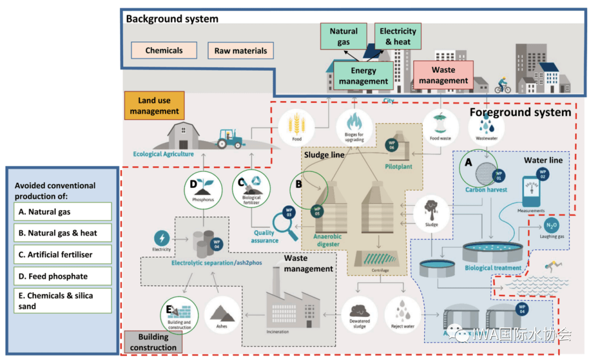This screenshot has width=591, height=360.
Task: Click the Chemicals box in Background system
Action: (x=164, y=51)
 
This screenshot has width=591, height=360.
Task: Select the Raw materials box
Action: (x=241, y=51)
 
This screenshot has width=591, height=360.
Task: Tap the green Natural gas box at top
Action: (x=343, y=37)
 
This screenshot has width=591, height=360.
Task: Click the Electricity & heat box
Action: (x=398, y=37)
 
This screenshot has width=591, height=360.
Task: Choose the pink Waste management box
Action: (x=443, y=76)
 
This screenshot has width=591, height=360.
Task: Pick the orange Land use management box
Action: (x=154, y=106)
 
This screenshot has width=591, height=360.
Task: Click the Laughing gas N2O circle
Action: (x=552, y=227)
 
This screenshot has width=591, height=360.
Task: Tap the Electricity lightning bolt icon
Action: (x=162, y=238)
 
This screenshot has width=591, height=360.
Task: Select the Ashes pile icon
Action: (x=222, y=314)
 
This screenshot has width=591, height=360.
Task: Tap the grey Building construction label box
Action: (x=153, y=342)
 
